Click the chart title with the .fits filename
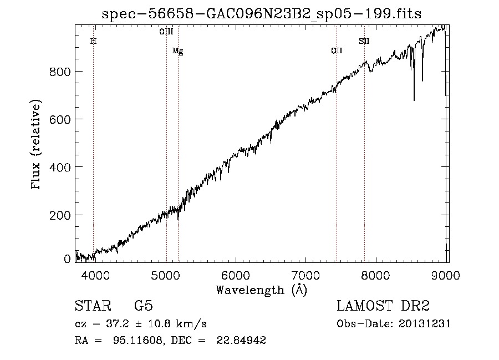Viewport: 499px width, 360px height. (262, 14)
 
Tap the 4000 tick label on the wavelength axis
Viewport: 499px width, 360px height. (95, 274)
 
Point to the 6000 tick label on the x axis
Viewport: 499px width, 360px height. (236, 274)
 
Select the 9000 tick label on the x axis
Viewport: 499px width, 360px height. (446, 274)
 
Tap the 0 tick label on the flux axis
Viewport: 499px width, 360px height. (67, 259)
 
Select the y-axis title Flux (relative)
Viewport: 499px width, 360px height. (37, 145)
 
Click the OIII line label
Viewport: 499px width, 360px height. (166, 32)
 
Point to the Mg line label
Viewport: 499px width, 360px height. (177, 51)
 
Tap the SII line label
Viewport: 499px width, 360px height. (364, 41)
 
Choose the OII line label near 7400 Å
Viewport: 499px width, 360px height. (337, 51)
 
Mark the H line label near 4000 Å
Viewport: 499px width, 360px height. (93, 41)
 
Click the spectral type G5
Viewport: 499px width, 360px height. (143, 306)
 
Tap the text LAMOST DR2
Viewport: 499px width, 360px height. (383, 306)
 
